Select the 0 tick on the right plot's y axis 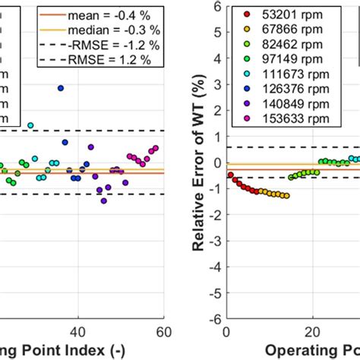[216, 163]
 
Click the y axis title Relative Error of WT [198, 163]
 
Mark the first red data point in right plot [230, 175]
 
